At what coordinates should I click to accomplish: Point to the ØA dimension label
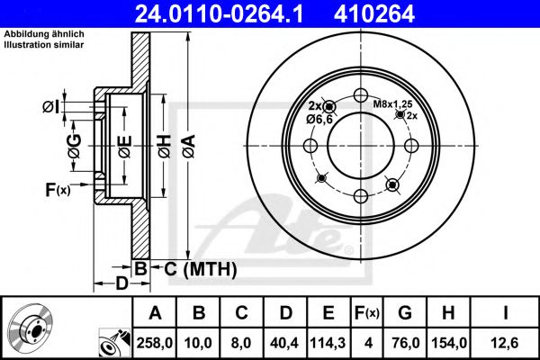[188, 140]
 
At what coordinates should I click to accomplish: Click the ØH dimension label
[164, 140]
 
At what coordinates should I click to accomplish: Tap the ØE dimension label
[124, 140]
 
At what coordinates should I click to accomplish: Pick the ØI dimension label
[51, 108]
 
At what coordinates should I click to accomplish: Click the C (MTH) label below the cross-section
[194, 268]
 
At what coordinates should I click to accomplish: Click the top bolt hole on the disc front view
[361, 97]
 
